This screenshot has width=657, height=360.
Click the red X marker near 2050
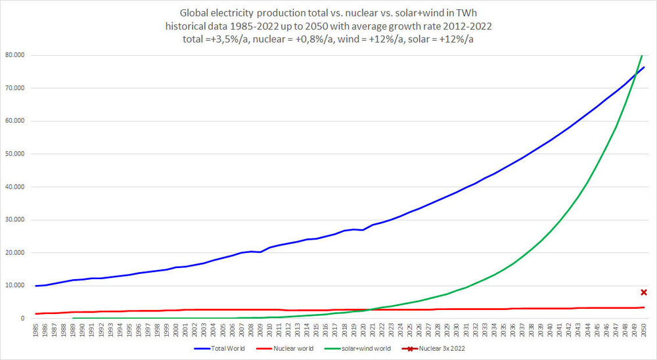(x=644, y=292)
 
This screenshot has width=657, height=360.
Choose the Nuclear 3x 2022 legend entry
(x=445, y=348)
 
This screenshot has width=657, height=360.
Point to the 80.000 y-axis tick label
(x=15, y=55)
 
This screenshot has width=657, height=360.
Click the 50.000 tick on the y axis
(x=15, y=154)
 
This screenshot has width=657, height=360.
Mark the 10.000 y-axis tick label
(x=15, y=286)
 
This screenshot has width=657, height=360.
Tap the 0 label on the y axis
(x=22, y=319)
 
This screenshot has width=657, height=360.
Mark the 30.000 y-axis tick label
(x=15, y=220)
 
